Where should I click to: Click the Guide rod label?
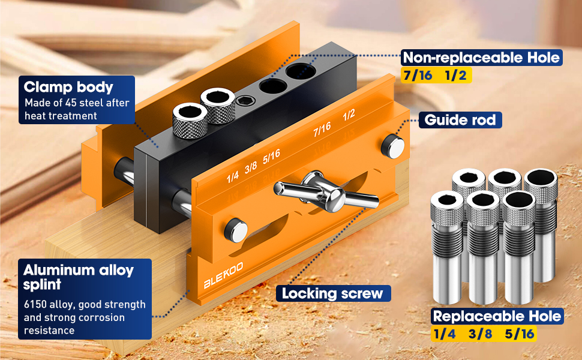pyautogui.click(x=460, y=120)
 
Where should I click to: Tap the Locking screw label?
pyautogui.click(x=333, y=293)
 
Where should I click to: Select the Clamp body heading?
pyautogui.click(x=68, y=87)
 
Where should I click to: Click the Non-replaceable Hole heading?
pyautogui.click(x=481, y=58)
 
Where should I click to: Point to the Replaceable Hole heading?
pyautogui.click(x=497, y=316)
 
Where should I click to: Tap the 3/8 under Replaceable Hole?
pyautogui.click(x=480, y=334)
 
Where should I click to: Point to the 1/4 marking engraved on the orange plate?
pyautogui.click(x=233, y=177)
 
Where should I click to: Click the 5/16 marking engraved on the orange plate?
pyautogui.click(x=271, y=155)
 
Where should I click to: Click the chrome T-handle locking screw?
pyautogui.click(x=324, y=191)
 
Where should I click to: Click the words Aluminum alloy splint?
pyautogui.click(x=78, y=277)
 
